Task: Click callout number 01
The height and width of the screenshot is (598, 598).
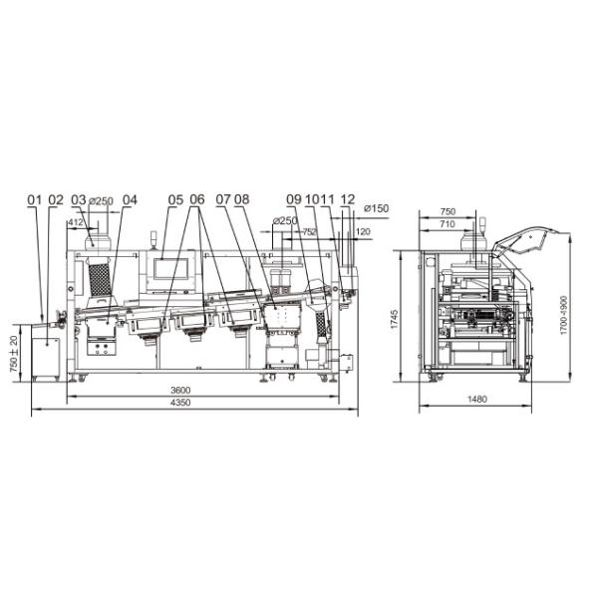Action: pos(34,200)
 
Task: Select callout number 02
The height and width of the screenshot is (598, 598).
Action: pos(56,200)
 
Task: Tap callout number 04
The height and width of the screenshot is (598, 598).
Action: pos(130,200)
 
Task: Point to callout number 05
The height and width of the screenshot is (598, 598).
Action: pos(175,200)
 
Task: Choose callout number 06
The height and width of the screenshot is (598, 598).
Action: pos(197,199)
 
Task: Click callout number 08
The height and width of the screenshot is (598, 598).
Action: pos(242,199)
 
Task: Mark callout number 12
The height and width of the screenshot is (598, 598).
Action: pos(348,199)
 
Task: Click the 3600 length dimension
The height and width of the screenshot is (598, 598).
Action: pos(180,390)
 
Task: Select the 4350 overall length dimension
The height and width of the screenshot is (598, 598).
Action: pos(180,403)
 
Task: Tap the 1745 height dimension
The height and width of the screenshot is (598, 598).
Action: pos(395,319)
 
